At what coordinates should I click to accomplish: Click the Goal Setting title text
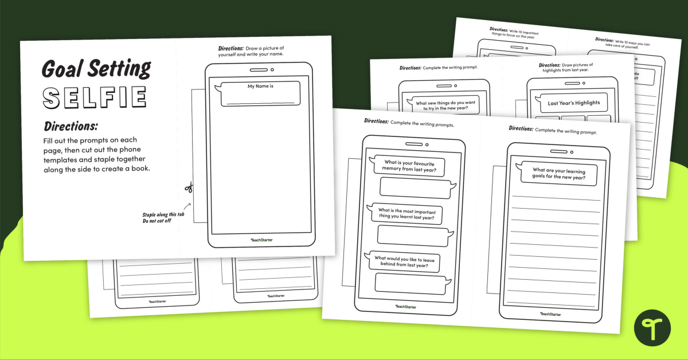point(96,69)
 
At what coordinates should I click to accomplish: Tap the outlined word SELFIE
point(95,97)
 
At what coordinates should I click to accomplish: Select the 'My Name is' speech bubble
point(260,93)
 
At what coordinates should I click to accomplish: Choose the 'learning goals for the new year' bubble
point(558,173)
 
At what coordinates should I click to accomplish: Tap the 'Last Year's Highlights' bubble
point(573,103)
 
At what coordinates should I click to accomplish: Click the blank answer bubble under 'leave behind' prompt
point(411,284)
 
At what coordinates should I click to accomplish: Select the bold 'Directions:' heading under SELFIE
point(71,126)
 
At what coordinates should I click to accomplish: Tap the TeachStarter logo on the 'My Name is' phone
point(261,240)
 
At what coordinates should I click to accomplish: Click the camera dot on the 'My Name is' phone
point(272,70)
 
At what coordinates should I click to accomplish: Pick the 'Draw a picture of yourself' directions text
point(252,51)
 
